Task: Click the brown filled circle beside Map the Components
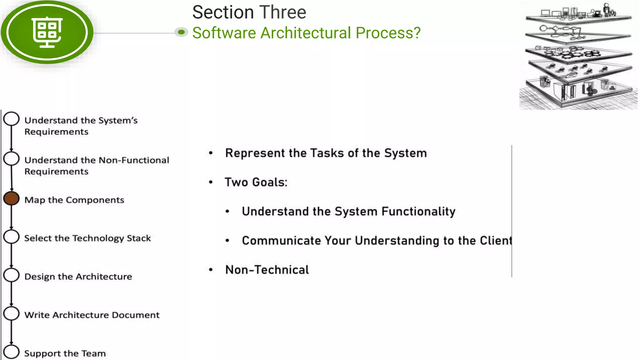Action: coord(12,198)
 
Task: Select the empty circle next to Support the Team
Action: coord(12,352)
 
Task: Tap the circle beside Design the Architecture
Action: coord(12,275)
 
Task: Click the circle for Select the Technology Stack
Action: coord(12,237)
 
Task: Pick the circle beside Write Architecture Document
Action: coord(12,313)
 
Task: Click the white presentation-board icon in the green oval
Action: coord(47,32)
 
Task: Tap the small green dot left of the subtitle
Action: coord(181,32)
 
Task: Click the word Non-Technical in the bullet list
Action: coord(267,270)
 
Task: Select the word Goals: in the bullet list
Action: coord(270,182)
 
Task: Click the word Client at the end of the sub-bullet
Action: coord(496,241)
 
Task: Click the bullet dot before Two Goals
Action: coord(211,182)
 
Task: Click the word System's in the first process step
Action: coord(118,121)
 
